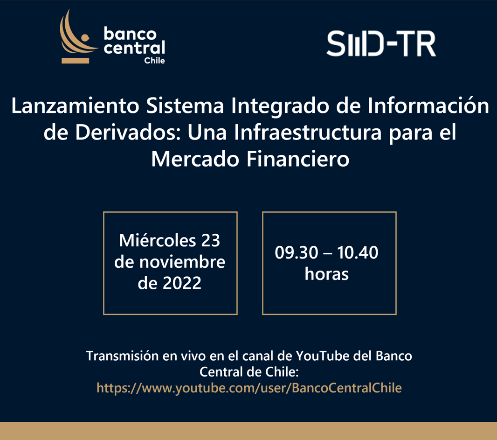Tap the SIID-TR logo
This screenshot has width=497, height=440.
[x=381, y=44]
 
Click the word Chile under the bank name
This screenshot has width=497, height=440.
[x=154, y=61]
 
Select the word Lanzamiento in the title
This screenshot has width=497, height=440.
[x=75, y=106]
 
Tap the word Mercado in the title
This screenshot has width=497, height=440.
[x=193, y=160]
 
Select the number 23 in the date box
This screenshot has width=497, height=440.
[x=211, y=241]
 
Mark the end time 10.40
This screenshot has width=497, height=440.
[x=358, y=253]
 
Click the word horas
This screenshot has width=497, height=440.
[x=327, y=274]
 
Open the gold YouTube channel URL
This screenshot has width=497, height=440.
[x=249, y=388]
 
